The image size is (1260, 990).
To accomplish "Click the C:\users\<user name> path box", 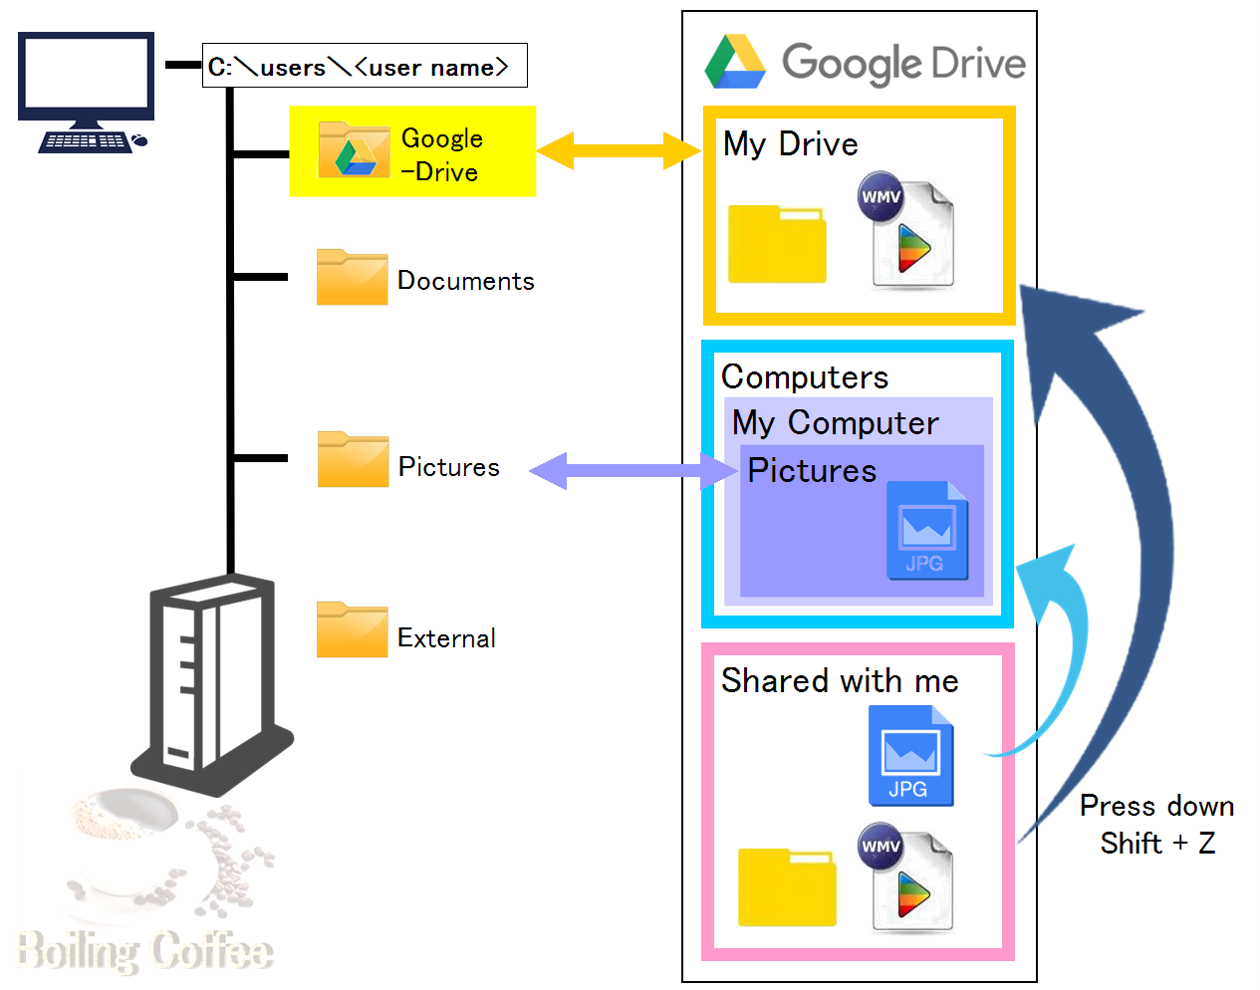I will coord(364,66).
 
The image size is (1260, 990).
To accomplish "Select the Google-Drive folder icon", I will coord(354,149).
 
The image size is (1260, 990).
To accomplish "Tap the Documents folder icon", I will coord(352,277).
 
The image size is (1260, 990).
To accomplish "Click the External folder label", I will coord(446,638).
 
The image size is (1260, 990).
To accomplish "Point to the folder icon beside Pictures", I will coord(353,459).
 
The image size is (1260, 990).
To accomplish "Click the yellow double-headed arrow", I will coord(619,150).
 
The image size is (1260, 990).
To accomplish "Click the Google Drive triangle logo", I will coord(735,62).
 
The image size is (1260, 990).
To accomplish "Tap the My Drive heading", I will coord(790,144).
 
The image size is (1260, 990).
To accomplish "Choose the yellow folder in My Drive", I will coord(777,244).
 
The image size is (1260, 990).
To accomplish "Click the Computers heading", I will coord(804,377).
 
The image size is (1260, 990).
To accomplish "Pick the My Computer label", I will coord(835,423).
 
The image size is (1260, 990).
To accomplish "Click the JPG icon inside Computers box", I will coord(926,531).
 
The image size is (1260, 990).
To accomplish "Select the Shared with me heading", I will coord(839,681).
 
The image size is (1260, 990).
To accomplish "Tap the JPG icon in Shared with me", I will coord(910,756).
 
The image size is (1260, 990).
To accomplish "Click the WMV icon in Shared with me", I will coord(906,877).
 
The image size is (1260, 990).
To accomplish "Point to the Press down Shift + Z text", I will coord(1156,825).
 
